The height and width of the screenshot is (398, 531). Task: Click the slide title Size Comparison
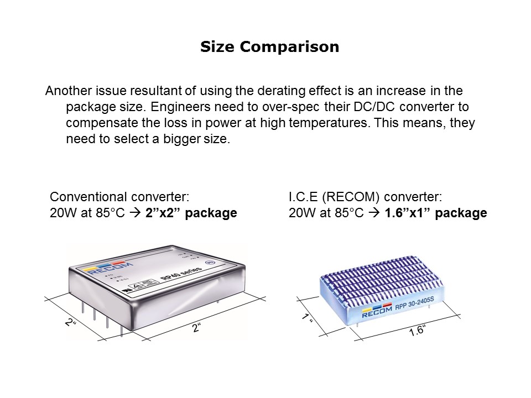pos(269,48)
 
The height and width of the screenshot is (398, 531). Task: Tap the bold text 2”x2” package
pos(191,213)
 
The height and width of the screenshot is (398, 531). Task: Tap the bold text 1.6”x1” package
pos(435,213)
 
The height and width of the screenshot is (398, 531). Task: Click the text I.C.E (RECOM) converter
pos(365,197)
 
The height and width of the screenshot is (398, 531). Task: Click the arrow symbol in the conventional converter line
pos(136,213)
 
